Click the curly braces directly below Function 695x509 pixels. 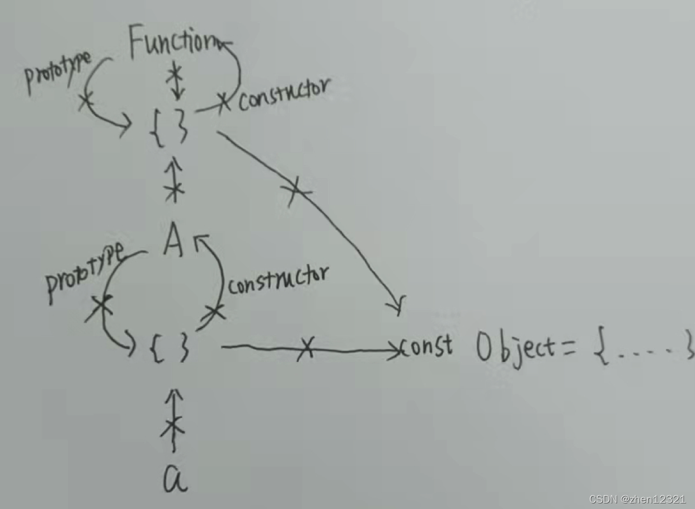tap(168, 126)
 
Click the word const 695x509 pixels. tap(426, 347)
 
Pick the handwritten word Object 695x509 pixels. tap(515, 350)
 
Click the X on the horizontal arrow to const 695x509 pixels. tap(305, 349)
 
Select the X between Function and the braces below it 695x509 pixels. tap(175, 73)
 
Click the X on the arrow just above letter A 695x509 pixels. tap(175, 188)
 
